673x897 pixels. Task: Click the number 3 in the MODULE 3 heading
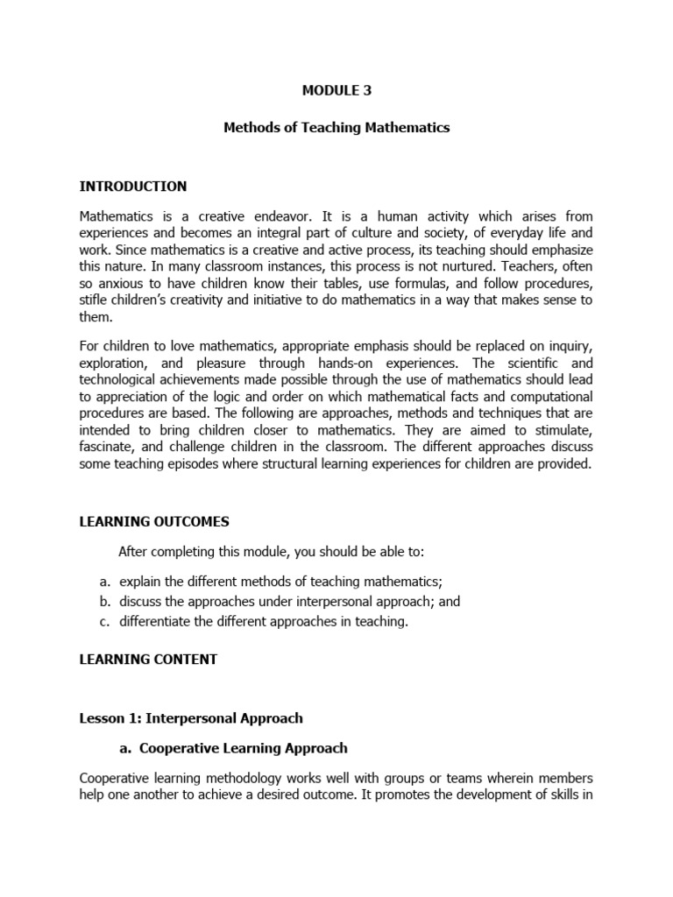(367, 89)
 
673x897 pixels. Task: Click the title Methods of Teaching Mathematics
(336, 127)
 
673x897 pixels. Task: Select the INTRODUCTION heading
(133, 187)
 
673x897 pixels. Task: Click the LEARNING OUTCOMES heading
(154, 522)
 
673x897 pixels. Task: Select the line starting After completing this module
(271, 551)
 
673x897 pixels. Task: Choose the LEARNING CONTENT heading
(148, 660)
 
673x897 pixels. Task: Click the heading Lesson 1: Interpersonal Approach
(191, 718)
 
